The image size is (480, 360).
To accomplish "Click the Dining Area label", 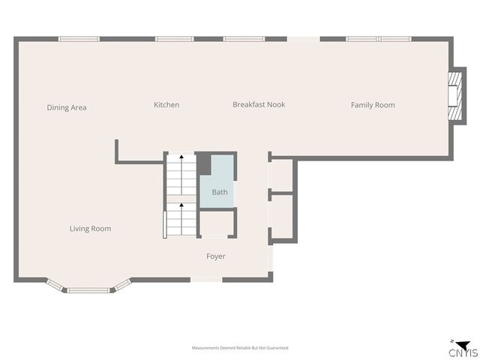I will pyautogui.click(x=67, y=108).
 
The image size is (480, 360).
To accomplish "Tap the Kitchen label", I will pyautogui.click(x=166, y=105).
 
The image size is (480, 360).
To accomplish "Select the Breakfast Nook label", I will pyautogui.click(x=259, y=105).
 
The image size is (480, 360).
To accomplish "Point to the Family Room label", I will pyautogui.click(x=373, y=105).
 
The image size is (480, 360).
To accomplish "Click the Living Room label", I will pyautogui.click(x=90, y=229).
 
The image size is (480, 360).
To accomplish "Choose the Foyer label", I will pyautogui.click(x=216, y=256).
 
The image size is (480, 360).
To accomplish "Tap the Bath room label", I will pyautogui.click(x=220, y=192).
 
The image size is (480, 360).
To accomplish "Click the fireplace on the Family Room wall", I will pyautogui.click(x=453, y=97).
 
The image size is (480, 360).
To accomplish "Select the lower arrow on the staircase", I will pyautogui.click(x=181, y=207).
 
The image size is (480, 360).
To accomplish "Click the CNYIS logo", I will pyautogui.click(x=460, y=349).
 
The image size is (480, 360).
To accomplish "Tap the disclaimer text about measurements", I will pyautogui.click(x=240, y=348).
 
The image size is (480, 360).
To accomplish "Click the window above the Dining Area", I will pyautogui.click(x=79, y=39).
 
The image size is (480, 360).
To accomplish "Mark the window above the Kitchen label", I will pyautogui.click(x=174, y=39).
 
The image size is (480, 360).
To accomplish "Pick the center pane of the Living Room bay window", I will pyautogui.click(x=89, y=289).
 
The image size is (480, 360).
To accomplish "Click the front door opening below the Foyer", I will pyautogui.click(x=206, y=280).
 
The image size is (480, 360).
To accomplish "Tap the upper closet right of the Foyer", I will pyautogui.click(x=282, y=175).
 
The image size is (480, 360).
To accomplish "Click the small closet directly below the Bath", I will pyautogui.click(x=217, y=224).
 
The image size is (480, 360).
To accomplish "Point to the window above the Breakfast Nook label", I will pyautogui.click(x=244, y=39).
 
